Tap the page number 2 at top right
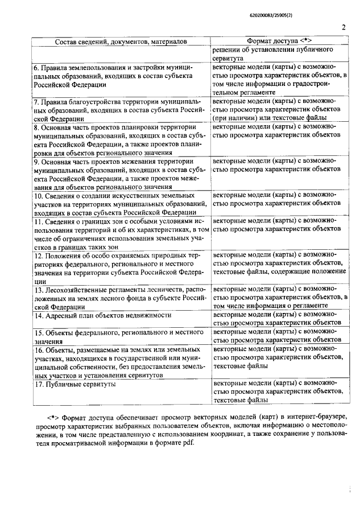point(344,27)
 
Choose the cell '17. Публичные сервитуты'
point(75,384)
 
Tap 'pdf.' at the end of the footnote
point(186,444)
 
